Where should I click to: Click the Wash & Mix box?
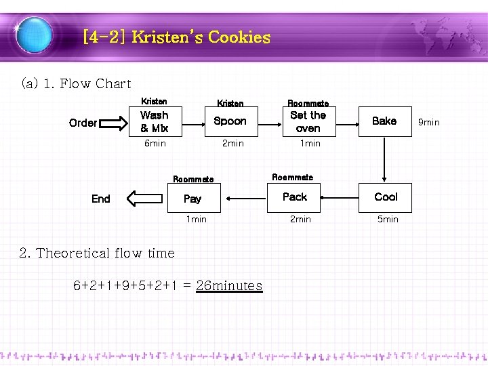(x=155, y=121)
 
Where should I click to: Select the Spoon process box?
(x=230, y=121)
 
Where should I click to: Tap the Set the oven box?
(x=308, y=121)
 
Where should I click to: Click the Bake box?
(x=384, y=121)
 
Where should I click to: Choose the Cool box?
(x=386, y=197)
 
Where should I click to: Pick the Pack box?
(x=295, y=197)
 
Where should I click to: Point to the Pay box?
(x=192, y=199)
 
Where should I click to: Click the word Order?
(x=83, y=123)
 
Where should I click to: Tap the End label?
(x=100, y=199)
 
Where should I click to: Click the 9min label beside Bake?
(x=428, y=122)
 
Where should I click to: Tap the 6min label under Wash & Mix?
(x=155, y=144)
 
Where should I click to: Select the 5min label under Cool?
(x=387, y=220)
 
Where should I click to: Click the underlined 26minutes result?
(x=229, y=285)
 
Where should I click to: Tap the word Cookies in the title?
(x=239, y=37)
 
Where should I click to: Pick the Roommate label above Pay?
(x=193, y=180)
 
